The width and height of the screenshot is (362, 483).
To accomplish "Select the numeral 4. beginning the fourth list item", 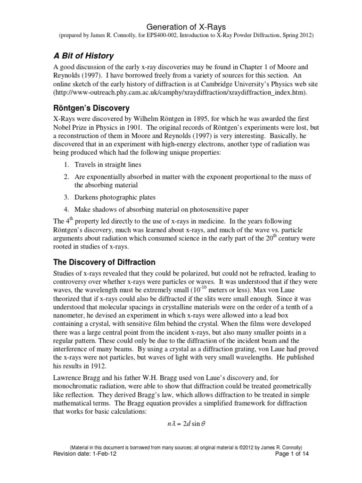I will (67, 209).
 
